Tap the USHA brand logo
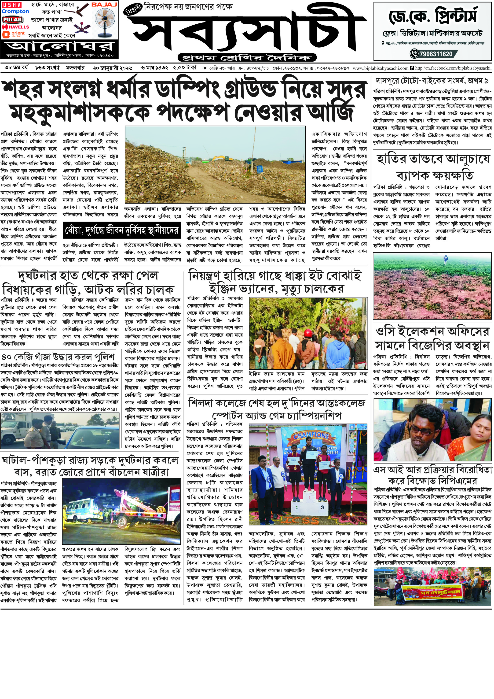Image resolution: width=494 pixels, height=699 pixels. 11,5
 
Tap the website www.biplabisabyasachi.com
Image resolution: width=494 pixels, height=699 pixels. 381,68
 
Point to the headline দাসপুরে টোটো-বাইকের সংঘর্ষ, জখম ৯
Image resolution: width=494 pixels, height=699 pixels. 432,81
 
